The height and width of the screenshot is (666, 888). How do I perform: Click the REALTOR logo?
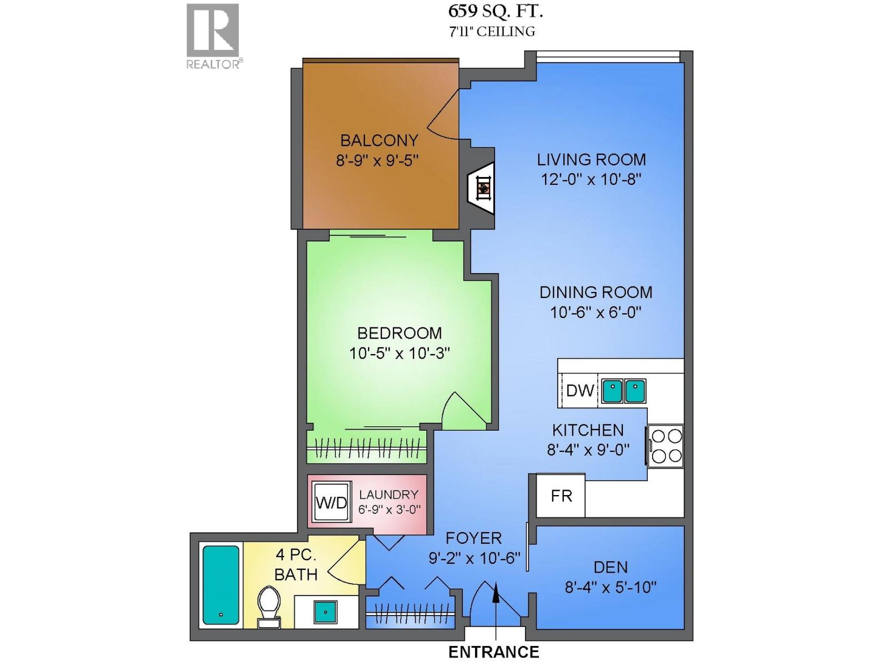pyautogui.click(x=213, y=37)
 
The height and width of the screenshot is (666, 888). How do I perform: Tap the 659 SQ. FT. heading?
pyautogui.click(x=495, y=11)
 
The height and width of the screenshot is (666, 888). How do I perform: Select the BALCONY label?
pyautogui.click(x=379, y=140)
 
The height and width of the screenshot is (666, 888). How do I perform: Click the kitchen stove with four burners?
pyautogui.click(x=665, y=446)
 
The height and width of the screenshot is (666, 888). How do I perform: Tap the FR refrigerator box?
pyautogui.click(x=561, y=496)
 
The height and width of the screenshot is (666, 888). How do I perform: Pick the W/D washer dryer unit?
pyautogui.click(x=332, y=502)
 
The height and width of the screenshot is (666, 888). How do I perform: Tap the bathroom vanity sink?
pyautogui.click(x=326, y=612)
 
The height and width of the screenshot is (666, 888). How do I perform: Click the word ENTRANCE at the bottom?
pyautogui.click(x=494, y=652)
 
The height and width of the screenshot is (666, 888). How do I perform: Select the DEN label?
pyautogui.click(x=610, y=567)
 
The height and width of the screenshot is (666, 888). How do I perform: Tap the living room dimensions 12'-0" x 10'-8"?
pyautogui.click(x=592, y=179)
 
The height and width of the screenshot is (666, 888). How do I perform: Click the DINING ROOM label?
pyautogui.click(x=596, y=292)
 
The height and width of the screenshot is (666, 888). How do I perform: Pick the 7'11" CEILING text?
pyautogui.click(x=492, y=32)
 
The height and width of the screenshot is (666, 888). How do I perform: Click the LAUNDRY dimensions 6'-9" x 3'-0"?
pyautogui.click(x=390, y=509)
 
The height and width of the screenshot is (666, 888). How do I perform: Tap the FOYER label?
pyautogui.click(x=474, y=538)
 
